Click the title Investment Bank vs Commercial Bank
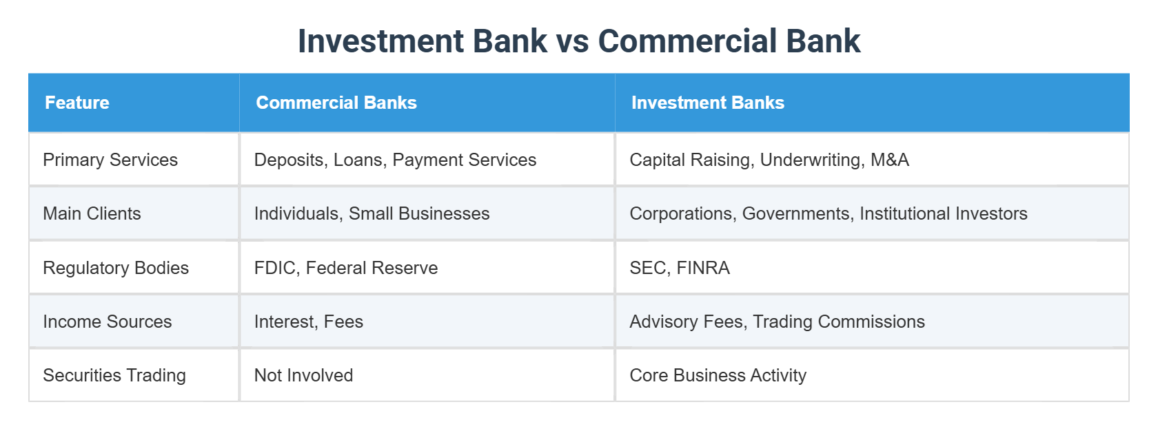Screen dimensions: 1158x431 (x=579, y=41)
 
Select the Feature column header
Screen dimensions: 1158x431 (x=77, y=103)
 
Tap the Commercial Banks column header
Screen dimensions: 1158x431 (x=336, y=103)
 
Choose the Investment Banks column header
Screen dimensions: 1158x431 (x=708, y=103)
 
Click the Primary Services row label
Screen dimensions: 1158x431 (x=110, y=160)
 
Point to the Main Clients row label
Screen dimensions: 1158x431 (x=92, y=213)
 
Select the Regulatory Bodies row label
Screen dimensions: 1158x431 (x=116, y=268)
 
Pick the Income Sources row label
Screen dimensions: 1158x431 (x=107, y=322)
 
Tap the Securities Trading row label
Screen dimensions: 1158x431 (x=114, y=375)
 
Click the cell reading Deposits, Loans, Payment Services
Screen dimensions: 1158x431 (x=395, y=160)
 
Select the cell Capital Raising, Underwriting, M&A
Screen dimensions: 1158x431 (x=769, y=160)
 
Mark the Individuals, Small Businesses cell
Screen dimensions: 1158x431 (x=372, y=213)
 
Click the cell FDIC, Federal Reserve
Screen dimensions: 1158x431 (x=346, y=268)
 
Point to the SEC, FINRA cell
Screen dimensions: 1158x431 (x=680, y=268)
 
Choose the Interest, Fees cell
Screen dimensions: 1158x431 (x=309, y=322)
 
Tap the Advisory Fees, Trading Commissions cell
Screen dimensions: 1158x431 (x=777, y=322)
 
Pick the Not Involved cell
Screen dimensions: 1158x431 (x=303, y=375)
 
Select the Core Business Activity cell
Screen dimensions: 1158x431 (x=718, y=375)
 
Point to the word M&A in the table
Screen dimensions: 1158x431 (x=890, y=160)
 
